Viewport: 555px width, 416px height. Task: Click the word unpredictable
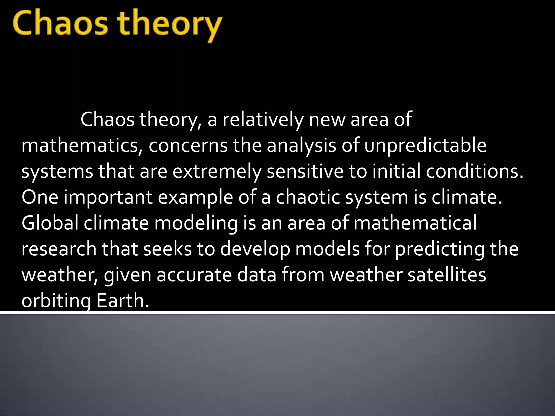tap(425, 146)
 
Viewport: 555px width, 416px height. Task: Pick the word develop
tap(255, 249)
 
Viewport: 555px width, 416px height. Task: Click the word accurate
tap(194, 275)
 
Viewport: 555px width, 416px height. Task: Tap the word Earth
tap(123, 301)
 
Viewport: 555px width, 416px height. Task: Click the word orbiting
tap(56, 301)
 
